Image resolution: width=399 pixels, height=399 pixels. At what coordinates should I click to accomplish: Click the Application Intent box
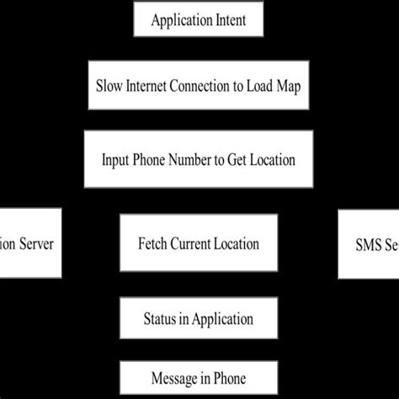tap(199, 20)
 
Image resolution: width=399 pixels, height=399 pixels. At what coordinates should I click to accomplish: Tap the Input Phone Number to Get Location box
tap(199, 159)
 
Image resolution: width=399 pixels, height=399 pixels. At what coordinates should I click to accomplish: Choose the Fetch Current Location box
tap(199, 243)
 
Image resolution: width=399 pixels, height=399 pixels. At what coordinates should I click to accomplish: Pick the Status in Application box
tap(199, 319)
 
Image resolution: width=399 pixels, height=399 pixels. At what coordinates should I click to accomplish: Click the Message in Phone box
tap(199, 379)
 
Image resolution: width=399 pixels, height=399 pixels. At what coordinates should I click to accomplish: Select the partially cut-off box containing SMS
tap(369, 245)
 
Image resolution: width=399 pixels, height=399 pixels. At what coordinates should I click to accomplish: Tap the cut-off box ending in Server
tap(30, 243)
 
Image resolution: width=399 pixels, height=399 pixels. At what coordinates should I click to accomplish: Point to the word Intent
tap(227, 20)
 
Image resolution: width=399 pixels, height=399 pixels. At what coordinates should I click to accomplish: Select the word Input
tap(115, 159)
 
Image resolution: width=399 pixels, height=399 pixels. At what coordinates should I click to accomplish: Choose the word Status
tap(161, 319)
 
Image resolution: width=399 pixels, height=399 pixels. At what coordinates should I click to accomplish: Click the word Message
tap(172, 379)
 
